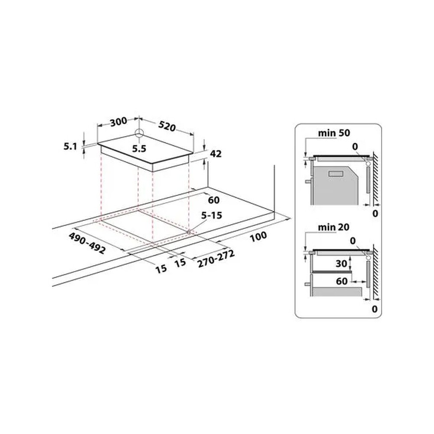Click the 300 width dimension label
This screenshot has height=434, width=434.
click(x=118, y=122)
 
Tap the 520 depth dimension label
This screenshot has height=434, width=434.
click(x=167, y=126)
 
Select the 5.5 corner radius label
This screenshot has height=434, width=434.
click(x=139, y=149)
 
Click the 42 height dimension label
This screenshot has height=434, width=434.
click(x=216, y=154)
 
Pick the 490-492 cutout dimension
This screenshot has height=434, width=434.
click(x=87, y=243)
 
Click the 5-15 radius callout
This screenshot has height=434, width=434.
click(x=212, y=215)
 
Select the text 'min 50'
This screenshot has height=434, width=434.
click(x=334, y=133)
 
